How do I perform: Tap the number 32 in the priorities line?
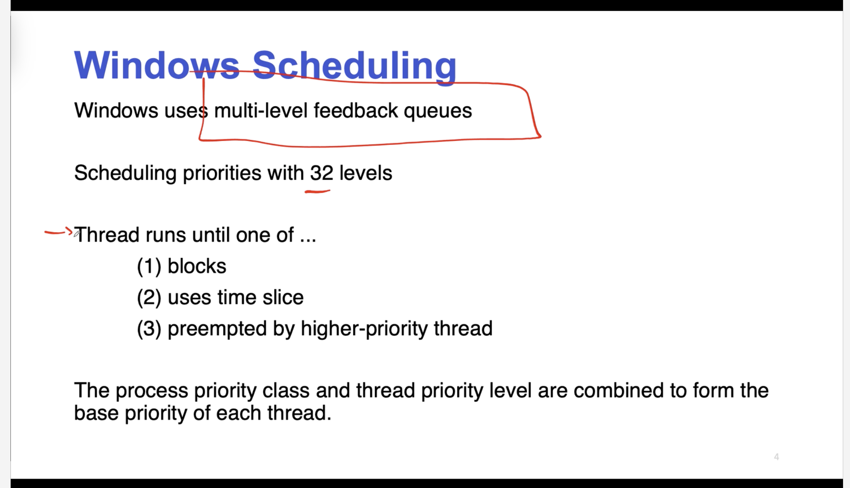pyautogui.click(x=321, y=173)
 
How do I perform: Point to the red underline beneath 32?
pyautogui.click(x=317, y=191)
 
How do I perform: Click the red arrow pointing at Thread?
pyautogui.click(x=59, y=232)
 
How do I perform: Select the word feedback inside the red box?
pyautogui.click(x=356, y=110)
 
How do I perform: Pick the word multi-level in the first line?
pyautogui.click(x=261, y=110)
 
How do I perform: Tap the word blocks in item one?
pyautogui.click(x=197, y=266)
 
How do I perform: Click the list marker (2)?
pyautogui.click(x=149, y=298)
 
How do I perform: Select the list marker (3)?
pyautogui.click(x=149, y=329)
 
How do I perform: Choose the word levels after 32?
pyautogui.click(x=366, y=173)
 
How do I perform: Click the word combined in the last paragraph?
pyautogui.click(x=619, y=390)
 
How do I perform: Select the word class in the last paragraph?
pyautogui.click(x=286, y=390)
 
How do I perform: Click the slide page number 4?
pyautogui.click(x=776, y=457)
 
